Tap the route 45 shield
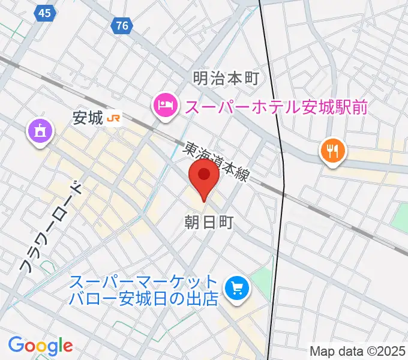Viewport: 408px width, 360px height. tap(43, 13)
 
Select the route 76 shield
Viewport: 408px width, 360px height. tap(122, 26)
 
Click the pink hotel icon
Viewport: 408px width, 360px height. tap(164, 106)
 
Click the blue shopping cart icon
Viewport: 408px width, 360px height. tap(236, 289)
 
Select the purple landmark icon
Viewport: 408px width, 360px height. tap(40, 131)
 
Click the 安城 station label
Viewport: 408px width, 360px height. tap(88, 118)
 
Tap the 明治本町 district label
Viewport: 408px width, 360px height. tap(225, 78)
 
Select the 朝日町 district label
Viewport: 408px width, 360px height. tap(208, 222)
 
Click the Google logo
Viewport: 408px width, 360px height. tap(40, 346)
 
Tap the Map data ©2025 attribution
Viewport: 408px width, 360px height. tap(358, 350)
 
